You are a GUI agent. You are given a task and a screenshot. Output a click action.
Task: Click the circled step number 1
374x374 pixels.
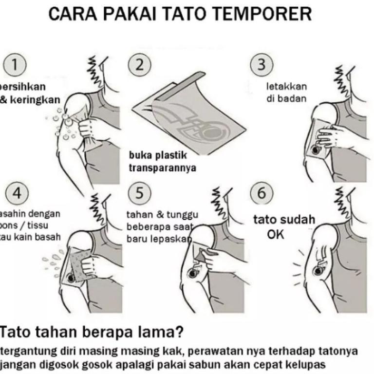(18, 65)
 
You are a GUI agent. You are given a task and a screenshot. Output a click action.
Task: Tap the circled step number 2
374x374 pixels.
(140, 65)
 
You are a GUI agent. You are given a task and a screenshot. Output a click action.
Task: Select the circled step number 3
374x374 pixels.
(262, 65)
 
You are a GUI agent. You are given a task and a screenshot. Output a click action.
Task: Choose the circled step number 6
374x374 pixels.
(262, 193)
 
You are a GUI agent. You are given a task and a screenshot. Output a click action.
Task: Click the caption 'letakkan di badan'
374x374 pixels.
(286, 93)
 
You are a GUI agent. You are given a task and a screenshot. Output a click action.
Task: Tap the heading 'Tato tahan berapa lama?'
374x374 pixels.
(92, 333)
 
